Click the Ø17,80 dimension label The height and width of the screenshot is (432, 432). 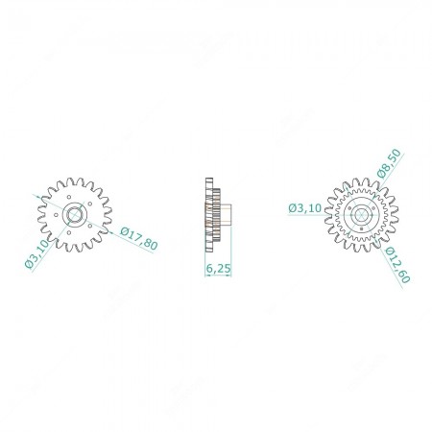139,239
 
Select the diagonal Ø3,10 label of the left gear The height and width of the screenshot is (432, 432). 37,254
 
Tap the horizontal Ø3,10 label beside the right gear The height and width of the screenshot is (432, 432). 304,208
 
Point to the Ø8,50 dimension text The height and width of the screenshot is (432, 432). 389,163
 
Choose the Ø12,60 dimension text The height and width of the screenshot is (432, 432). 397,265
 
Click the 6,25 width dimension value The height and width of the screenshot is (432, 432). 218,269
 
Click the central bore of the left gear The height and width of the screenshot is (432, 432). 75,214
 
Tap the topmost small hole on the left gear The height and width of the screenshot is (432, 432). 69,197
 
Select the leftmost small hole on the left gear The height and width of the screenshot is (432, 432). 56,215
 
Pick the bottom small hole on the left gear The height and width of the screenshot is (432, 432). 69,232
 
